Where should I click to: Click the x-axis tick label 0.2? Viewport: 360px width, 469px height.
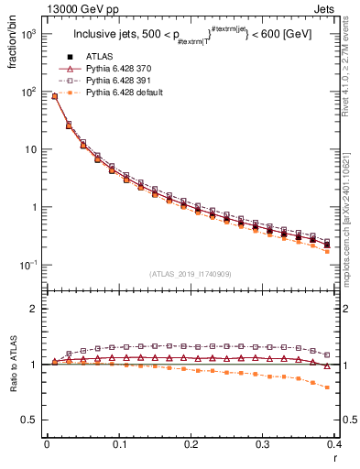(x=191, y=443)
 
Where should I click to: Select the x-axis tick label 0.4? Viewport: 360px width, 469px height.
(x=335, y=443)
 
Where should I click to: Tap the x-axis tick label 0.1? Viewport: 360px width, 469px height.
(x=119, y=443)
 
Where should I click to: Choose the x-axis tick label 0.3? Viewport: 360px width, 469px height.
(x=264, y=443)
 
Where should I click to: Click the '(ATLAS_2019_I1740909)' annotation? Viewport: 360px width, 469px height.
(x=191, y=274)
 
